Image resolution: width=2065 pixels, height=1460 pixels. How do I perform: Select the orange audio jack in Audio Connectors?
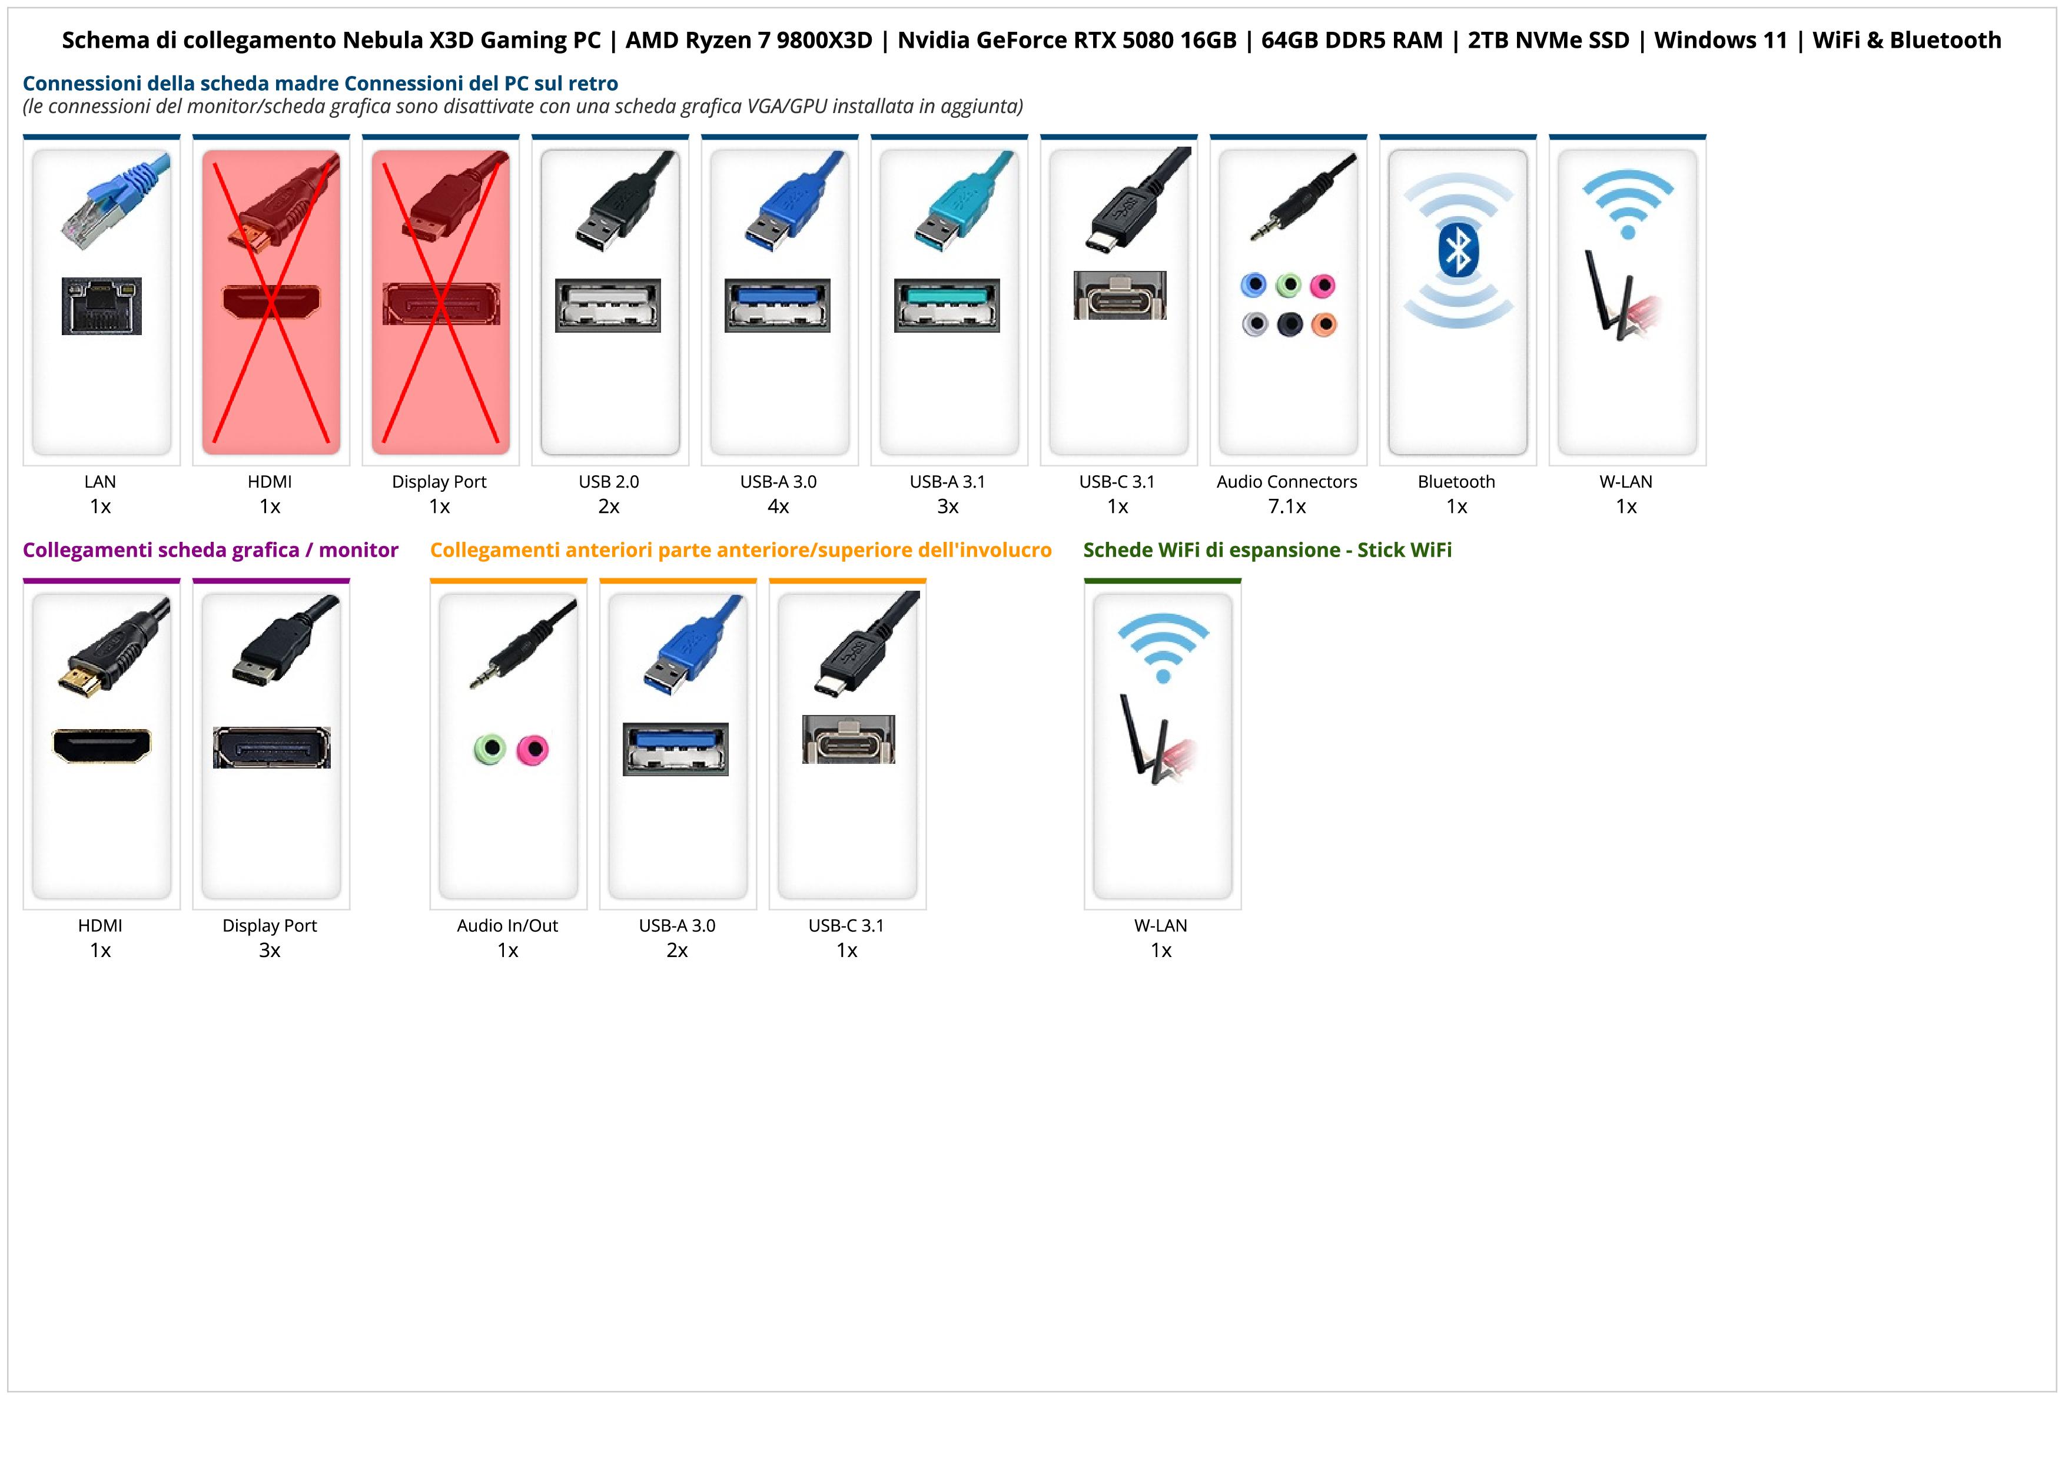pyautogui.click(x=1323, y=324)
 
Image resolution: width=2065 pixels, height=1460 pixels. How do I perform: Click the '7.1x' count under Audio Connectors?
pyautogui.click(x=1287, y=506)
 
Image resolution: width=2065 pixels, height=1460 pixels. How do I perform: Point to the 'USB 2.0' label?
pyautogui.click(x=609, y=481)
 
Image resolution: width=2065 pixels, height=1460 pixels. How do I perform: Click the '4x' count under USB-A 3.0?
pyautogui.click(x=778, y=506)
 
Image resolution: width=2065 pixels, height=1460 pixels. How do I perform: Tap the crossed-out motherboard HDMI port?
pyautogui.click(x=271, y=302)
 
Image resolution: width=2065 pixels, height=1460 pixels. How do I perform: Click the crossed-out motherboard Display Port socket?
pyautogui.click(x=441, y=304)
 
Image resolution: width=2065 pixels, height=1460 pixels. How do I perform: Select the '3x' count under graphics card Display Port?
pyautogui.click(x=270, y=950)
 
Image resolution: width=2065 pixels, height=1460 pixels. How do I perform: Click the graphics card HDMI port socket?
pyautogui.click(x=102, y=745)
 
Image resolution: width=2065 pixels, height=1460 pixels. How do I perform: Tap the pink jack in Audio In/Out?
pyautogui.click(x=533, y=749)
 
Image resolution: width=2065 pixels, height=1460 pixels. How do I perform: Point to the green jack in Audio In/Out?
pyautogui.click(x=489, y=749)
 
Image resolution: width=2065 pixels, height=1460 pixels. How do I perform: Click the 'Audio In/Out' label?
pyautogui.click(x=507, y=926)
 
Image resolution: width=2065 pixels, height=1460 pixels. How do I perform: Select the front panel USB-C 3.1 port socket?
pyautogui.click(x=848, y=740)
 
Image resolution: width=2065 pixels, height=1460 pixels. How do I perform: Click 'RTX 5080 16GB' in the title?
pyautogui.click(x=1155, y=41)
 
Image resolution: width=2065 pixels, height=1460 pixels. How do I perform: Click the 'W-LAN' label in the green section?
pyautogui.click(x=1160, y=926)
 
